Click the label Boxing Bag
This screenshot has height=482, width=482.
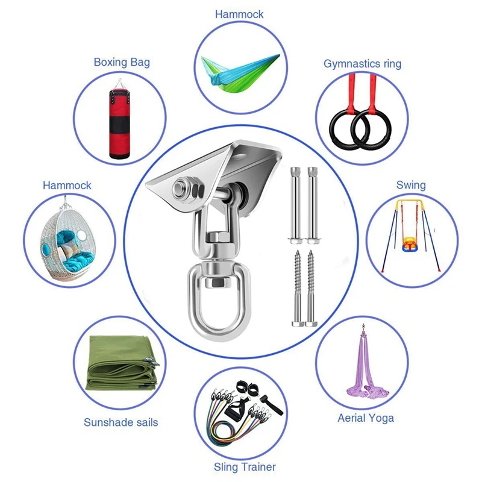coord(122,62)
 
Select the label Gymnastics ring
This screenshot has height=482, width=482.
coord(362,63)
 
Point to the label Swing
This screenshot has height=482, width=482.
coord(411,184)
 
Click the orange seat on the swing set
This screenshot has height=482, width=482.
coord(408,243)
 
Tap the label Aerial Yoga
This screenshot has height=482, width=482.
coord(366,418)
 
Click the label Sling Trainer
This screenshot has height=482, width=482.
coord(245,467)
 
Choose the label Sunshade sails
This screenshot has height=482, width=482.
coord(121,422)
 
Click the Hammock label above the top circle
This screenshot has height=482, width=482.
coord(239,14)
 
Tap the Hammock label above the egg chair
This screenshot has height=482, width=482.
coord(67,185)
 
